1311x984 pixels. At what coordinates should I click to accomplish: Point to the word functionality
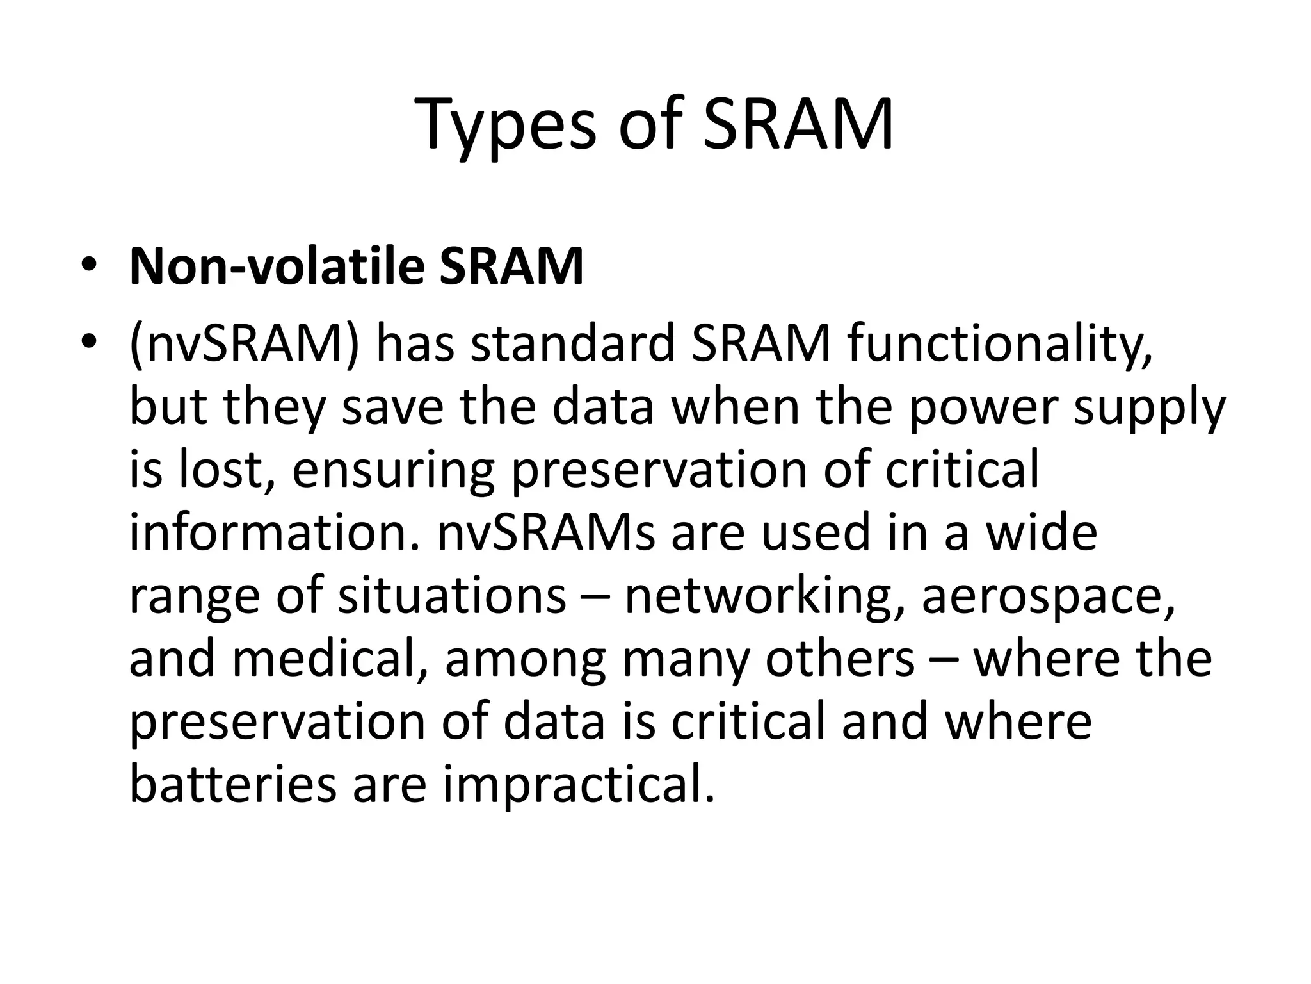click(x=999, y=344)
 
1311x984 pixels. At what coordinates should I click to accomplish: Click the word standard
click(x=573, y=344)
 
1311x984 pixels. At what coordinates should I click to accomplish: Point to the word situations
click(x=452, y=595)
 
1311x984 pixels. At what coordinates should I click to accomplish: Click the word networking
click(x=765, y=595)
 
